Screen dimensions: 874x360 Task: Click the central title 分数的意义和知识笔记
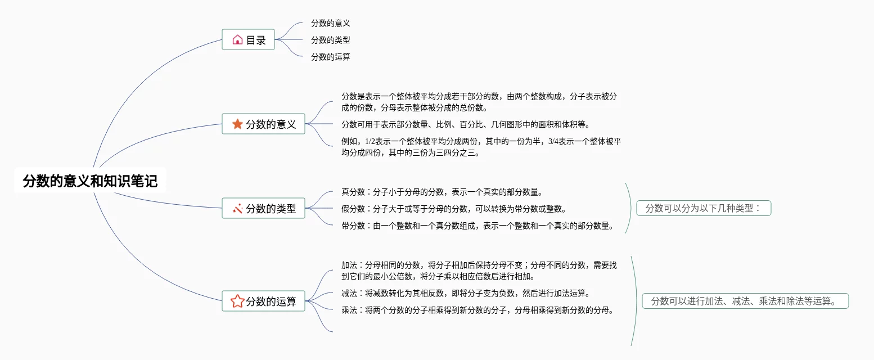pyautogui.click(x=90, y=181)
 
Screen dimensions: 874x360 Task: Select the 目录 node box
pyautogui.click(x=248, y=40)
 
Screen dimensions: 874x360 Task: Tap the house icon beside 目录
pyautogui.click(x=237, y=40)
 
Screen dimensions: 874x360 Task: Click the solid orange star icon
pyautogui.click(x=237, y=124)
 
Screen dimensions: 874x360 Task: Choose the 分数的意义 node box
pyautogui.click(x=263, y=124)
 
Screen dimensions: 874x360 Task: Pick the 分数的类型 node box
pyautogui.click(x=263, y=209)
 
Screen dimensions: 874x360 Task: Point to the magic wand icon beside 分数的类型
pyautogui.click(x=237, y=209)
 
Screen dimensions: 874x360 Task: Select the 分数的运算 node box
pyautogui.click(x=263, y=301)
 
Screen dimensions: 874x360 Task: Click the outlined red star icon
pyautogui.click(x=237, y=301)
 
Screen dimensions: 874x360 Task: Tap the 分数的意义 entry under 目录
pyautogui.click(x=331, y=23)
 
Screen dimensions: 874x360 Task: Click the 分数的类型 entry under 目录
pyautogui.click(x=331, y=40)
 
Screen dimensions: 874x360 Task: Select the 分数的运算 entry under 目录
pyautogui.click(x=331, y=57)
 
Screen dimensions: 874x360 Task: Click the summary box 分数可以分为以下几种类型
pyautogui.click(x=703, y=208)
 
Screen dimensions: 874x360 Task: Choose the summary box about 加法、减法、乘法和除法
pyautogui.click(x=745, y=301)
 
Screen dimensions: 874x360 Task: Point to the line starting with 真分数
pyautogui.click(x=441, y=192)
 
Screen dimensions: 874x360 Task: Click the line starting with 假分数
pyautogui.click(x=453, y=209)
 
